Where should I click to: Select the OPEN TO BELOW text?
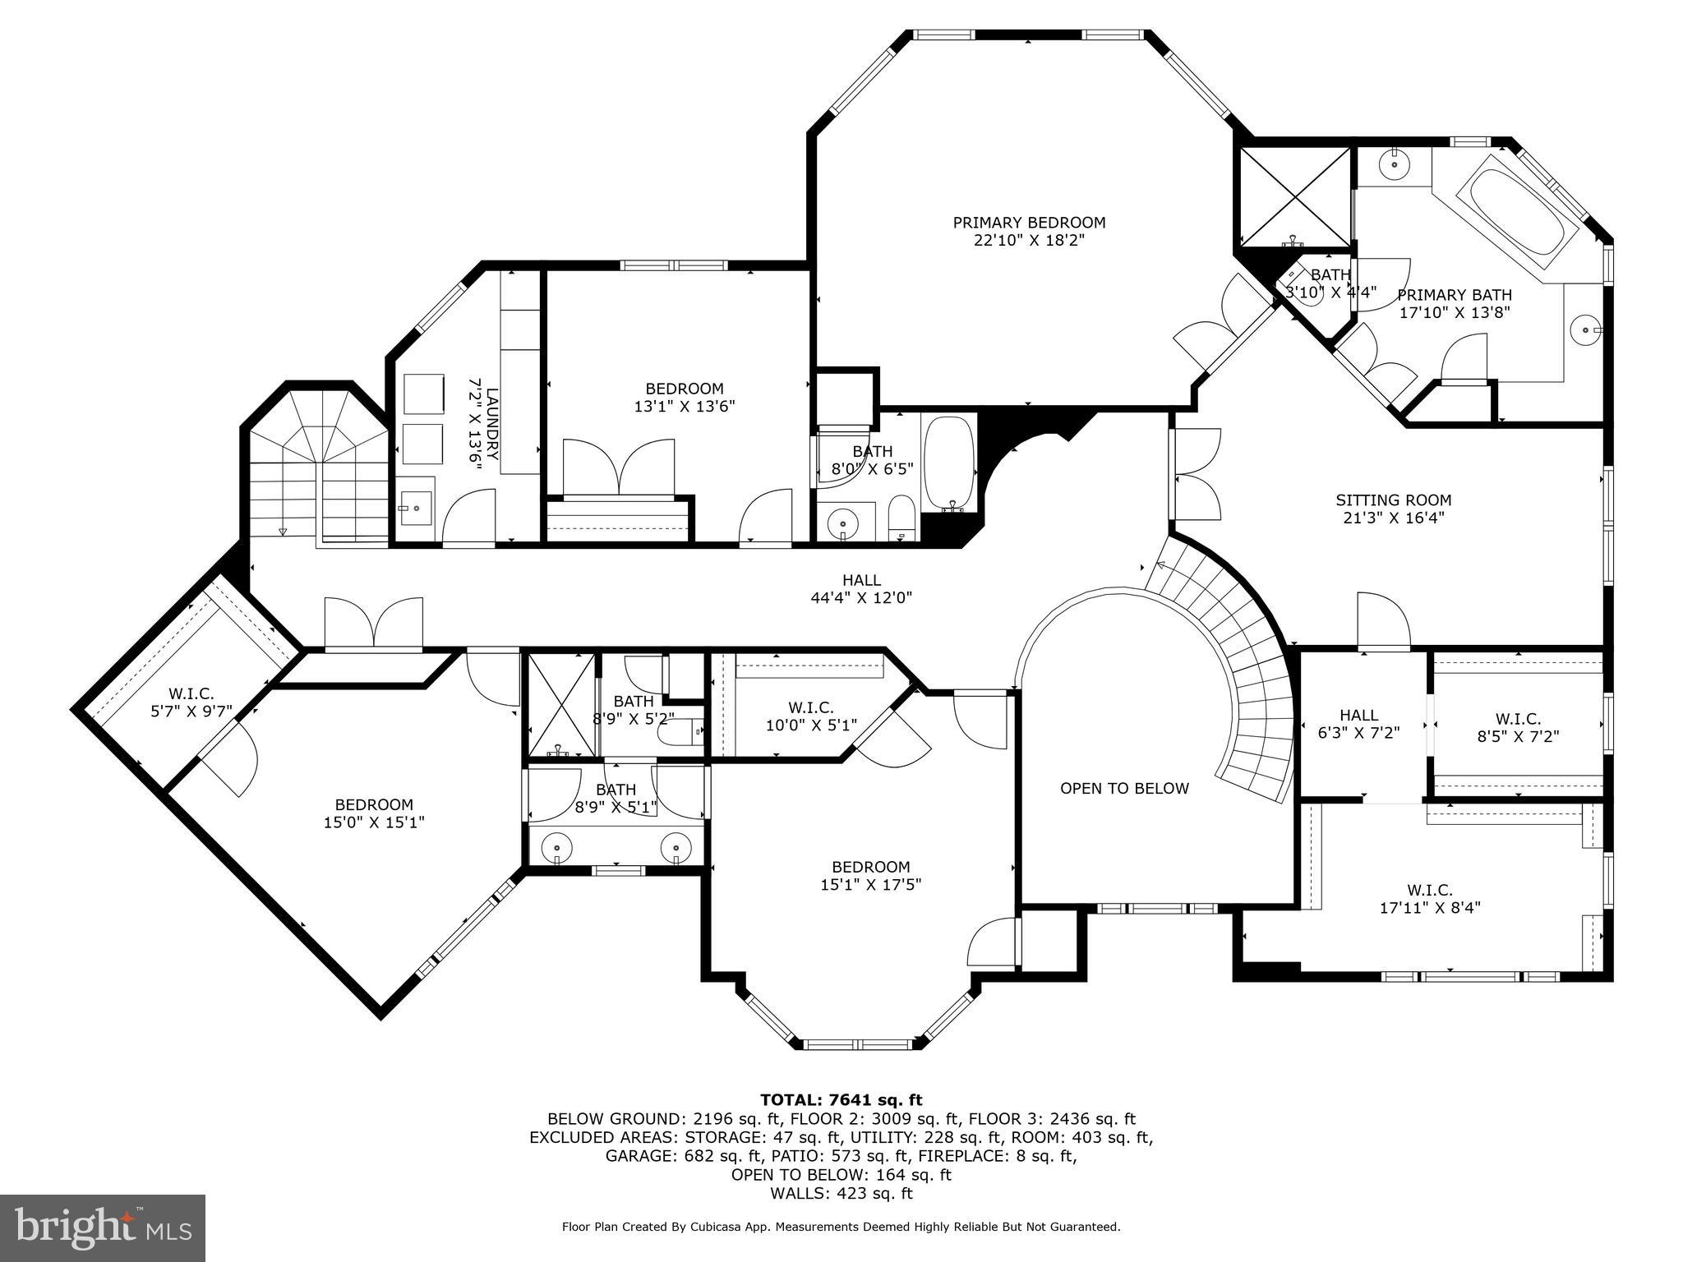(1124, 789)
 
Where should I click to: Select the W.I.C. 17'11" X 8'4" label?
(1430, 899)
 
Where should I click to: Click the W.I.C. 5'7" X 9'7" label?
(191, 703)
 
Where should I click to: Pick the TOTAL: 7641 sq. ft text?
(841, 1100)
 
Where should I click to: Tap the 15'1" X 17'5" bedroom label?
(871, 876)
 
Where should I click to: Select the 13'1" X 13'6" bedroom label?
(685, 398)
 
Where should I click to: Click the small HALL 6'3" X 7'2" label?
(1358, 725)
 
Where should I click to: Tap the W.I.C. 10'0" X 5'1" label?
(810, 716)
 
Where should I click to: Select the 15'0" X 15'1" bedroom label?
(374, 813)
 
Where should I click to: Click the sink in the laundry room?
(415, 508)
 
